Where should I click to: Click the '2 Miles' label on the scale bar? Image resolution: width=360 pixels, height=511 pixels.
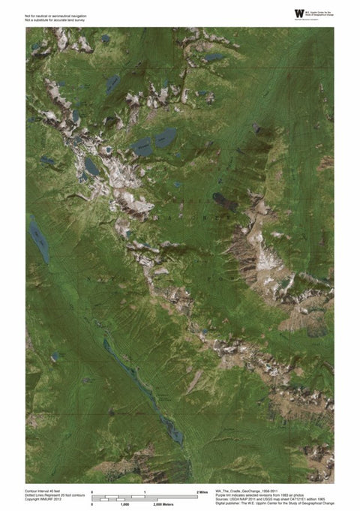202,491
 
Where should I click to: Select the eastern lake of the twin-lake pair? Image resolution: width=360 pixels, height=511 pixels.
166,137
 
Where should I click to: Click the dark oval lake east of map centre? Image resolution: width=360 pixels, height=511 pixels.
223,200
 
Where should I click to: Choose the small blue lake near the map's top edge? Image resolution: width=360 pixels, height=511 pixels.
214,57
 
